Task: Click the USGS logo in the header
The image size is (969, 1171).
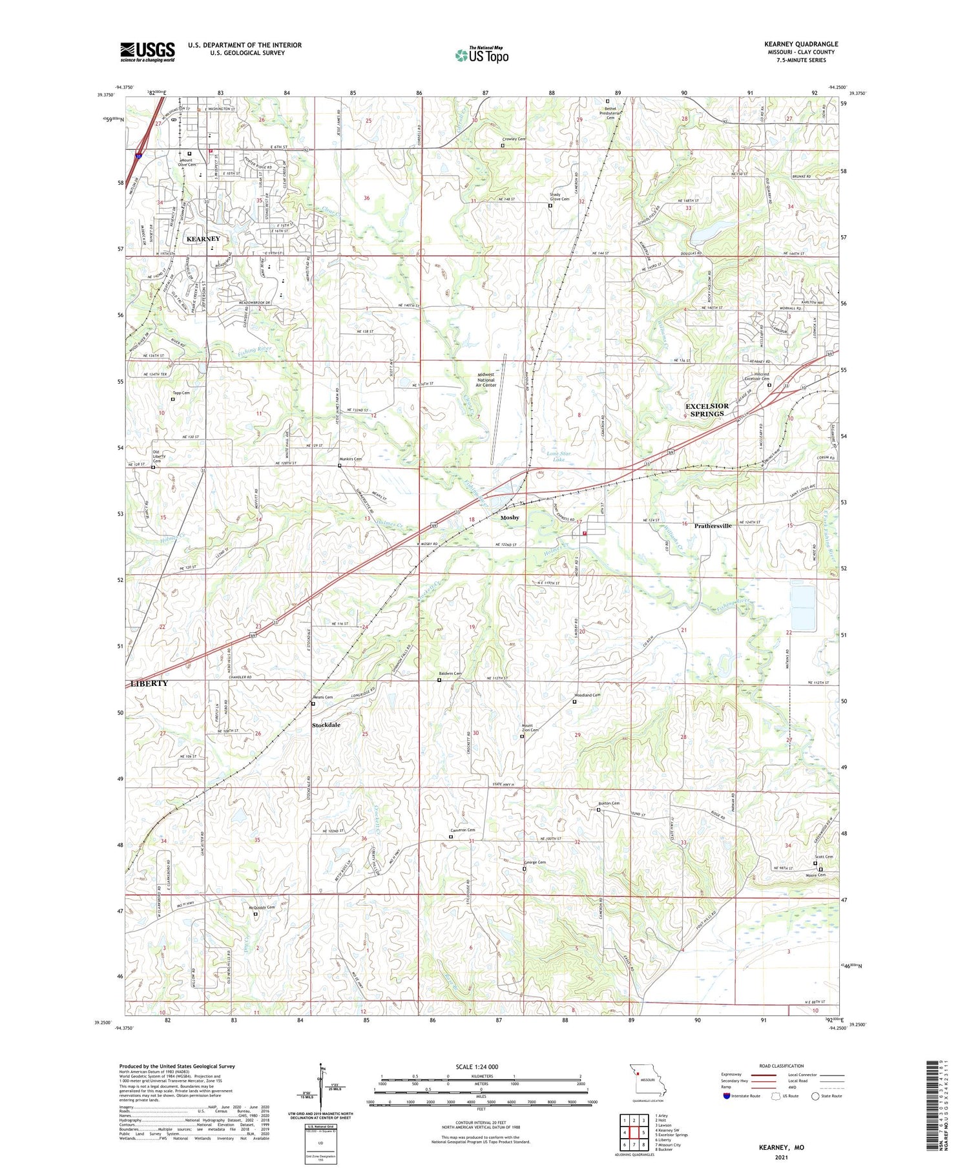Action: click(x=147, y=52)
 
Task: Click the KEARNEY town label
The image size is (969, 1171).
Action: click(x=203, y=239)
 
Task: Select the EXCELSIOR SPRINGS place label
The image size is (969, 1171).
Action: click(x=707, y=409)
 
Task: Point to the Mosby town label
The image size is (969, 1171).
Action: click(x=510, y=517)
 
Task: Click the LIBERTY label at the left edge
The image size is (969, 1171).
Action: click(x=149, y=683)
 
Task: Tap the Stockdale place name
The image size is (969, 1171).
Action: click(x=326, y=725)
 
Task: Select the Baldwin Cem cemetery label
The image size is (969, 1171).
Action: click(x=451, y=674)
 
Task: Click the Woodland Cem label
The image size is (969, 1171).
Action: click(x=587, y=695)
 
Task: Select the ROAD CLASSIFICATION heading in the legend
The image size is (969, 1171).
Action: click(x=782, y=1066)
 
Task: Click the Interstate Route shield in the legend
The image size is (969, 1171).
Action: click(x=727, y=1096)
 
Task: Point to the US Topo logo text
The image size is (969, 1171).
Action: click(x=481, y=56)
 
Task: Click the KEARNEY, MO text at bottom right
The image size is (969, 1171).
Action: click(x=781, y=1147)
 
